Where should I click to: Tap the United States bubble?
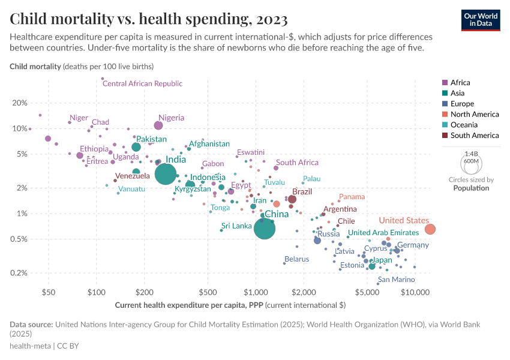(430, 229)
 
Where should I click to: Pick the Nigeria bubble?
(158, 125)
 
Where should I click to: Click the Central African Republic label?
(142, 83)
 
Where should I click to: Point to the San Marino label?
(396, 280)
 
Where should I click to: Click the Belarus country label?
(296, 259)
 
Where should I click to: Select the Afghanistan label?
(209, 144)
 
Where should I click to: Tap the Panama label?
(352, 197)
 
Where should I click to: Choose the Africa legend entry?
(460, 82)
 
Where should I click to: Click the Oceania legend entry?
(464, 125)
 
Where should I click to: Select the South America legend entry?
(474, 136)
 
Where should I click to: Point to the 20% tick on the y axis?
(20, 103)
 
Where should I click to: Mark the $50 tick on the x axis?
(49, 293)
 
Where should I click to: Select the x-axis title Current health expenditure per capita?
(230, 305)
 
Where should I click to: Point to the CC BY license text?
(69, 346)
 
